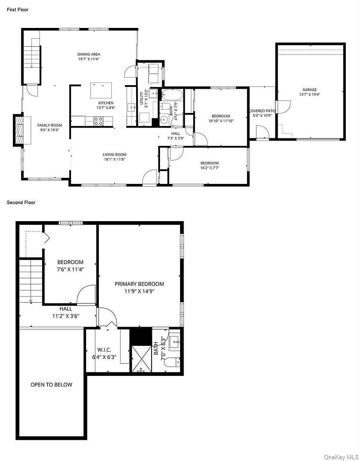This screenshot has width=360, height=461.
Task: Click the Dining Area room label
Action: coord(89,54)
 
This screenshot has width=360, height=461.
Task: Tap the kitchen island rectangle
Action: coord(100,90)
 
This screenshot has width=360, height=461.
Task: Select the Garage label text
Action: coord(309,90)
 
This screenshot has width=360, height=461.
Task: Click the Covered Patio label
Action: coord(262,111)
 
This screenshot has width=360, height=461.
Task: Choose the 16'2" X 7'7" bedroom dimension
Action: coord(209,168)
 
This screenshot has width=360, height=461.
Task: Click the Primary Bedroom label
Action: coord(139,284)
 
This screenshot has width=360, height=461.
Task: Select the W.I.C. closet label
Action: coord(104,350)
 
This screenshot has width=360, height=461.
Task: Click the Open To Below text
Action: coord(51,385)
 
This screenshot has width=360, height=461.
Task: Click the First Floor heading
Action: coord(18,9)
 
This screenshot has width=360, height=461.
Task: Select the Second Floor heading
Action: coord(21,203)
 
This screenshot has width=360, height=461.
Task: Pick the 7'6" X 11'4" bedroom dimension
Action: coord(70,269)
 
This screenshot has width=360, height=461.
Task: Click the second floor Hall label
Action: coord(66,309)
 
